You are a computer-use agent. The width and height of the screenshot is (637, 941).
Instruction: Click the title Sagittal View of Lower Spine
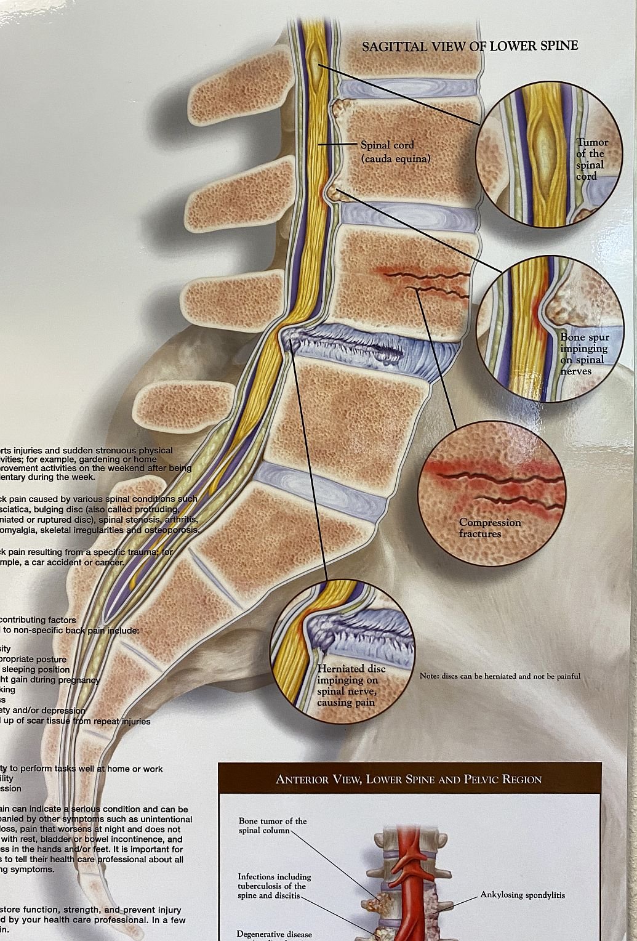tap(470, 46)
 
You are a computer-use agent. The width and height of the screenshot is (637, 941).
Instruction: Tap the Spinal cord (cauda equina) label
tap(395, 151)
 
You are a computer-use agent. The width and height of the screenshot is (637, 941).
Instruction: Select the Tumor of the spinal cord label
tap(591, 159)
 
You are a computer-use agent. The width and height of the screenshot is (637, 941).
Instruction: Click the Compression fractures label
tap(490, 528)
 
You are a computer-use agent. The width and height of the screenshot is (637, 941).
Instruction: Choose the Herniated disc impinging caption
tap(351, 685)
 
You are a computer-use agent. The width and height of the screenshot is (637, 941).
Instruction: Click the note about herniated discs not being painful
tap(500, 676)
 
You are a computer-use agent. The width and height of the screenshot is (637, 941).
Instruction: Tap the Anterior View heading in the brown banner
tap(409, 780)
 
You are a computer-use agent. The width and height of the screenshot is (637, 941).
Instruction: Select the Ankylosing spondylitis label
tap(523, 895)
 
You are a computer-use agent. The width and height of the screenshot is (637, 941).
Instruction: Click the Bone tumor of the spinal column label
tap(272, 825)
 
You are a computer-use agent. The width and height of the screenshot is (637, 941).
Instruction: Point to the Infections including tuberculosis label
tap(274, 886)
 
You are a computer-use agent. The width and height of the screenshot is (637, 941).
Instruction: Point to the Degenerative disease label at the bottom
tap(274, 934)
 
